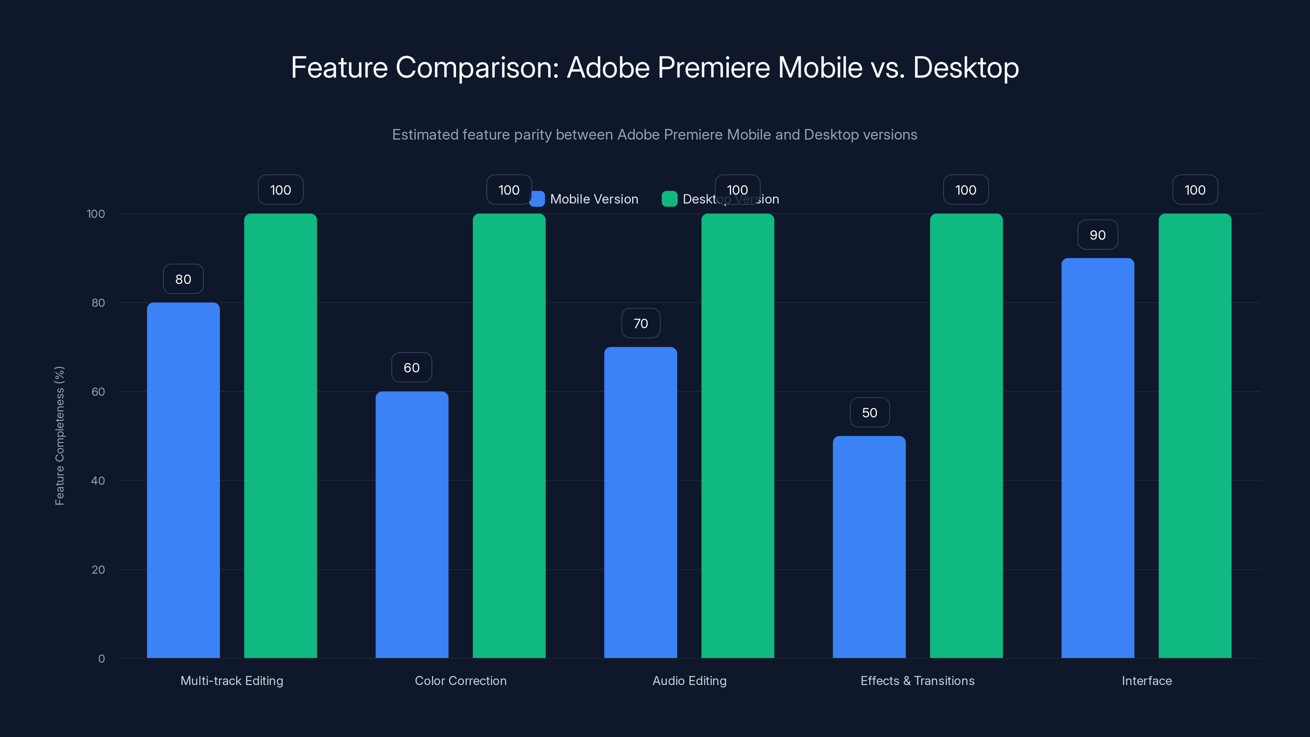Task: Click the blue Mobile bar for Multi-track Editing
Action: tap(183, 480)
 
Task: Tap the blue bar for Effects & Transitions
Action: tap(869, 547)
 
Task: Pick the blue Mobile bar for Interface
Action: tap(1098, 458)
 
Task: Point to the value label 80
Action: tap(183, 279)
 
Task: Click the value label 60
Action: tap(411, 367)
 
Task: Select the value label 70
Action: tap(641, 323)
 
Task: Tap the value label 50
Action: tap(870, 412)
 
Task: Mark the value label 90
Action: tap(1098, 235)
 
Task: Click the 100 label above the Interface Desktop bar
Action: tap(1195, 190)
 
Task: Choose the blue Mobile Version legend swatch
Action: tap(538, 199)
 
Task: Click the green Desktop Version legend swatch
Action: tap(669, 199)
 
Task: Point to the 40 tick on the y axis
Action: tap(98, 480)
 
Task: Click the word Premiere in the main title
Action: tap(714, 67)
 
